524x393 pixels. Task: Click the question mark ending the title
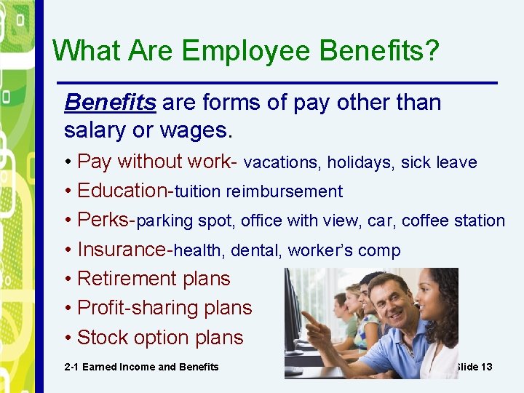click(x=432, y=51)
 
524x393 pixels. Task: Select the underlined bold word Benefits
click(x=110, y=103)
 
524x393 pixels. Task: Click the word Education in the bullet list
click(x=122, y=191)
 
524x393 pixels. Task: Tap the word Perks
click(x=104, y=220)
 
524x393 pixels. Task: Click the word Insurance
click(x=122, y=250)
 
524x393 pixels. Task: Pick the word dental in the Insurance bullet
click(x=256, y=251)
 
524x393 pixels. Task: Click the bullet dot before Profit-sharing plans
click(x=68, y=309)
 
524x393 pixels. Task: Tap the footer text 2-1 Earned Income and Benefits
click(x=141, y=367)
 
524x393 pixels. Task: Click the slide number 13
click(x=485, y=367)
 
